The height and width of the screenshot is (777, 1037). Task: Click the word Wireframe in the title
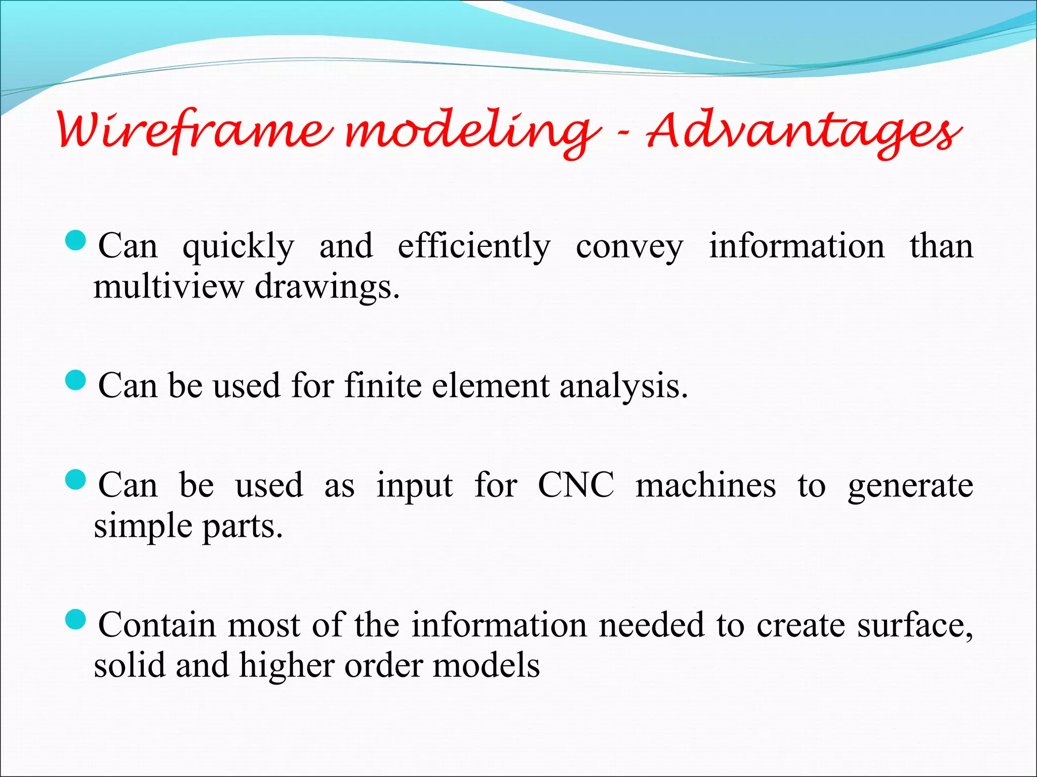pos(195,131)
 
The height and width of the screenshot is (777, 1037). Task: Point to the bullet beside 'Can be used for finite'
pos(76,380)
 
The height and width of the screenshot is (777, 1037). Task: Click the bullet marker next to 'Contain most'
pos(76,619)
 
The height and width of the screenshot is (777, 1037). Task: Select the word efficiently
pos(473,247)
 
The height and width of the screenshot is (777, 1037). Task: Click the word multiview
pos(168,287)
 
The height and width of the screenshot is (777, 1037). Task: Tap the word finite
pos(382,385)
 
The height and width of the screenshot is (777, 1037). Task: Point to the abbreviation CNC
pos(576,485)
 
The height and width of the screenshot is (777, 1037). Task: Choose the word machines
pos(705,485)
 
